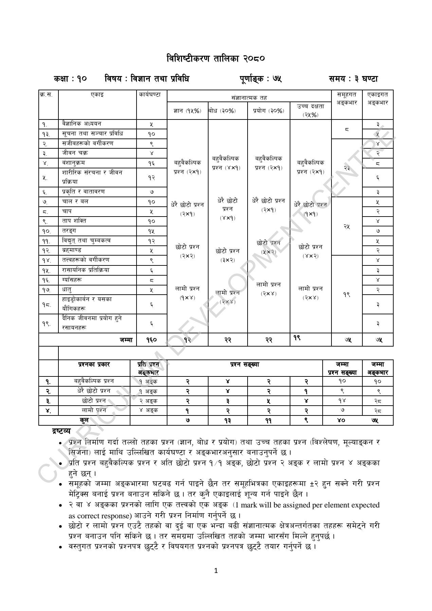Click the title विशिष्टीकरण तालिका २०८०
pyautogui.click(x=216, y=59)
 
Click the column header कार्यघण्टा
pyautogui.click(x=151, y=95)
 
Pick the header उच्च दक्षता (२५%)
pyautogui.click(x=310, y=110)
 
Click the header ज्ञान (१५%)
pyautogui.click(x=187, y=111)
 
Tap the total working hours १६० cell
pyautogui.click(x=151, y=339)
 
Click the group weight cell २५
pyautogui.click(x=346, y=226)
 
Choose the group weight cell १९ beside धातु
pyautogui.click(x=346, y=295)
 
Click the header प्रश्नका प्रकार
pyautogui.click(x=94, y=365)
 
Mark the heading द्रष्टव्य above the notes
pyautogui.click(x=61, y=431)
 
